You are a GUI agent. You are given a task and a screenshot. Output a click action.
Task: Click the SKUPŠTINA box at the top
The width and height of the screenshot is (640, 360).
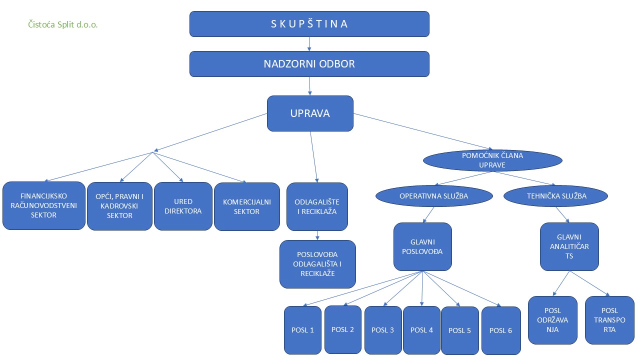pos(309,24)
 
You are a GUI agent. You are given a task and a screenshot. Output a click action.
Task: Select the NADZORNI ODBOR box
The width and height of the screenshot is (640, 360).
pos(309,64)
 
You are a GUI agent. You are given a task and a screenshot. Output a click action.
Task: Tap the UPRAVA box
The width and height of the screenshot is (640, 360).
pos(310,113)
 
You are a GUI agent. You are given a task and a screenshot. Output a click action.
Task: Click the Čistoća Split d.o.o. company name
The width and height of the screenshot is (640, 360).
pos(63,24)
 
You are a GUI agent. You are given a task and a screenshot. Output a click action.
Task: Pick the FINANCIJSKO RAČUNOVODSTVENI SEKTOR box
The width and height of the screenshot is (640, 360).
pos(43,205)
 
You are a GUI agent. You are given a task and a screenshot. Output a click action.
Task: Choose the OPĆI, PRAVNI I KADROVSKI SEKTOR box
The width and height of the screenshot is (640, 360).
pos(119,206)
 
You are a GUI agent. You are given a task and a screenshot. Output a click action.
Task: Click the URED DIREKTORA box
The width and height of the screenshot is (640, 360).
pos(183,206)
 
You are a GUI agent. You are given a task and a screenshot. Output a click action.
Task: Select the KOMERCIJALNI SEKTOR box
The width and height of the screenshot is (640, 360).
pos(247,206)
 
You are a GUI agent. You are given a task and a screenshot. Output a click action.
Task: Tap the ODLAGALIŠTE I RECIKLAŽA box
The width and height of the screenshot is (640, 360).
pos(317,206)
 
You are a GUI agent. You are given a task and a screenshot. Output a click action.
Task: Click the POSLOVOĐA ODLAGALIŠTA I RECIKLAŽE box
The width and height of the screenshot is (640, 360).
pos(317,264)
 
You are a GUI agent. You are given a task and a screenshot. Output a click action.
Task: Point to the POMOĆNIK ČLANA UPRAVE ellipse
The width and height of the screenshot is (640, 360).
pos(492,160)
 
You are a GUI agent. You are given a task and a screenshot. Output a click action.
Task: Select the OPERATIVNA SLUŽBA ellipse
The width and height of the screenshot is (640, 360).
pos(433,196)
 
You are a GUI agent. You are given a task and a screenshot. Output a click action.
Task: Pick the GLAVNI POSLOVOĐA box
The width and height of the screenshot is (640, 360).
pos(422,246)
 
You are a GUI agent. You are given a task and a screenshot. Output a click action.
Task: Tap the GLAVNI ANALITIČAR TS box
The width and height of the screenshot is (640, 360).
pos(569,246)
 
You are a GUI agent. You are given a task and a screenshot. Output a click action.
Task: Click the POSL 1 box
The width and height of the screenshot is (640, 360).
pos(302,330)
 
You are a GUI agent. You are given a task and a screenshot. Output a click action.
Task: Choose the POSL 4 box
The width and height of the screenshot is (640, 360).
pos(421,330)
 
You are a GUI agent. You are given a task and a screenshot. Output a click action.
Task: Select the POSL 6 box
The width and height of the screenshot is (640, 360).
pos(501,330)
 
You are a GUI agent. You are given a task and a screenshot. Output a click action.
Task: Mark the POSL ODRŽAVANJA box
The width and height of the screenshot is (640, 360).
pos(552,320)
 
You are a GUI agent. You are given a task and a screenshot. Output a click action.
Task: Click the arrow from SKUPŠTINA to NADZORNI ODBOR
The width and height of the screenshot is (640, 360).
pos(309,44)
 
